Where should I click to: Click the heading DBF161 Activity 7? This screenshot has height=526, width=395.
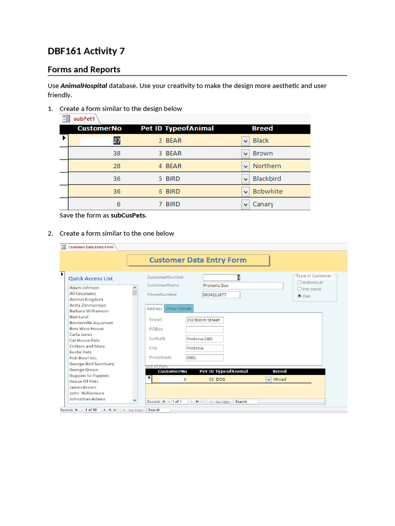(x=86, y=51)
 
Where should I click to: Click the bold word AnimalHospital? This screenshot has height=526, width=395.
(x=84, y=86)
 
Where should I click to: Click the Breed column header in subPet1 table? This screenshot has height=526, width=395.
(x=262, y=128)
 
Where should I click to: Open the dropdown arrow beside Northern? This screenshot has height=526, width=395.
(x=245, y=166)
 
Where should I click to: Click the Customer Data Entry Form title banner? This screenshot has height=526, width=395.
(x=198, y=260)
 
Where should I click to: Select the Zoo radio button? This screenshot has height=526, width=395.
(x=299, y=296)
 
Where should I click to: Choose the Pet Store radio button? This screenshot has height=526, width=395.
(x=299, y=289)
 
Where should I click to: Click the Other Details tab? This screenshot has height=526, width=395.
(x=178, y=308)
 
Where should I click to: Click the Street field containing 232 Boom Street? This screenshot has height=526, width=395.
(x=204, y=320)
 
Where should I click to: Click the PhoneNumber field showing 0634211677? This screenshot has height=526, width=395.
(x=221, y=295)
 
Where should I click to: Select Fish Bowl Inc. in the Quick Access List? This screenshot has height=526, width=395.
(x=83, y=358)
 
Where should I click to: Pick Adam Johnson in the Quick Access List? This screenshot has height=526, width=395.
(x=84, y=288)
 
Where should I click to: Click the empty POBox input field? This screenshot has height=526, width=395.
(x=204, y=329)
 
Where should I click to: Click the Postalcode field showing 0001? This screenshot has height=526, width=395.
(x=204, y=358)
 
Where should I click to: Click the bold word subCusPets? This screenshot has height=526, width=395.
(x=128, y=215)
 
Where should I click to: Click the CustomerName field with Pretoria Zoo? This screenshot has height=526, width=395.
(x=242, y=286)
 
